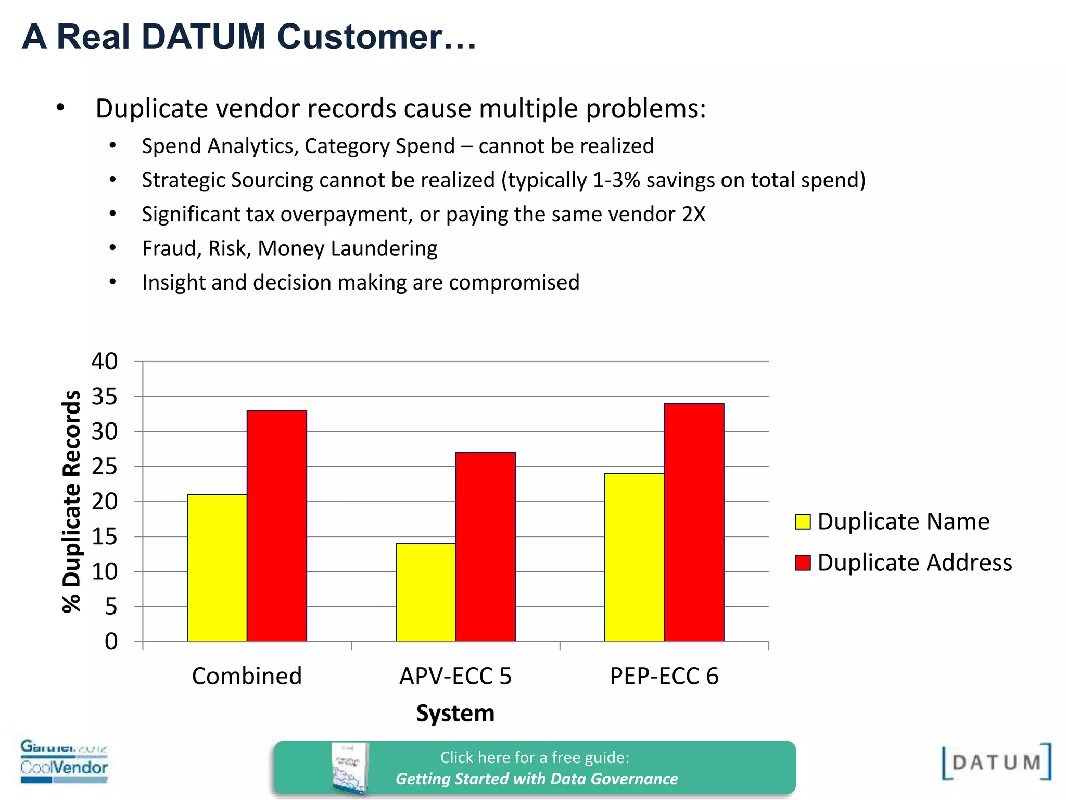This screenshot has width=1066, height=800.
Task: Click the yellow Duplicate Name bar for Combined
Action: pyautogui.click(x=217, y=568)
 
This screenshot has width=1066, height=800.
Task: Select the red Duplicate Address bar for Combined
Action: pyautogui.click(x=276, y=526)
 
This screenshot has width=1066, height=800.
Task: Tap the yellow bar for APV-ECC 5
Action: pyautogui.click(x=425, y=592)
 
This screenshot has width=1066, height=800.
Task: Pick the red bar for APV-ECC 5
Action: pyautogui.click(x=485, y=547)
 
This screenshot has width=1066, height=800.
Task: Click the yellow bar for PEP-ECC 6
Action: pyautogui.click(x=634, y=557)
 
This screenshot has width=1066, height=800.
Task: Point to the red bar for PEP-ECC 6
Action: pyautogui.click(x=694, y=522)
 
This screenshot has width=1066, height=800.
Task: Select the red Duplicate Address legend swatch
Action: pyautogui.click(x=803, y=562)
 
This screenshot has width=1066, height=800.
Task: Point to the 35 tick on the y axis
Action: pyautogui.click(x=105, y=397)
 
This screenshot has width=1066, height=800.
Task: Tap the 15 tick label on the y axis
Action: pyautogui.click(x=105, y=536)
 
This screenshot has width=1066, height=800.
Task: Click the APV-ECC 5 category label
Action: pyautogui.click(x=455, y=676)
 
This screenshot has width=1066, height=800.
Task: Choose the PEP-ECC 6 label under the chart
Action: pyautogui.click(x=664, y=676)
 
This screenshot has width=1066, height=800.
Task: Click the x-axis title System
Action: pyautogui.click(x=455, y=713)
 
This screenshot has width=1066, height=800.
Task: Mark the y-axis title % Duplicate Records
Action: pyautogui.click(x=72, y=501)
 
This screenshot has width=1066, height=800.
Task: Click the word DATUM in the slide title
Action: pyautogui.click(x=204, y=37)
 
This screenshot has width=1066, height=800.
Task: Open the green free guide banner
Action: pyautogui.click(x=535, y=768)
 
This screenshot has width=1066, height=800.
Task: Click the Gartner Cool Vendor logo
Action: pyautogui.click(x=64, y=761)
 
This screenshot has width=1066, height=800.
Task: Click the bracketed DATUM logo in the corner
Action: pyautogui.click(x=996, y=762)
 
